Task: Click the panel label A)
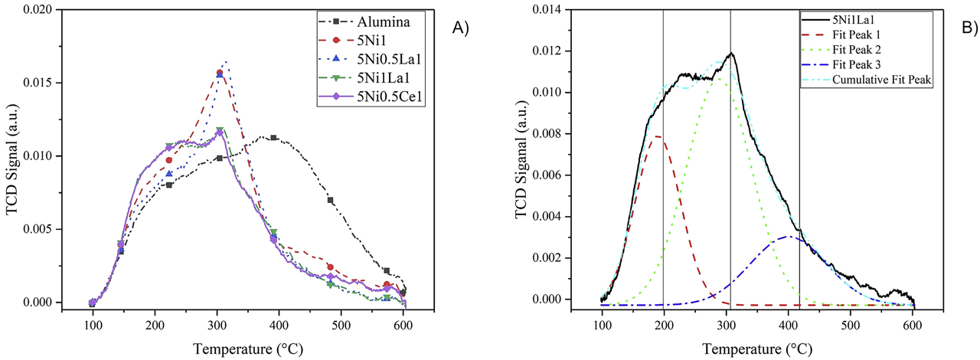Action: click(x=460, y=28)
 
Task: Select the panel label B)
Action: click(x=969, y=28)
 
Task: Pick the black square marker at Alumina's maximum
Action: click(x=273, y=138)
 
